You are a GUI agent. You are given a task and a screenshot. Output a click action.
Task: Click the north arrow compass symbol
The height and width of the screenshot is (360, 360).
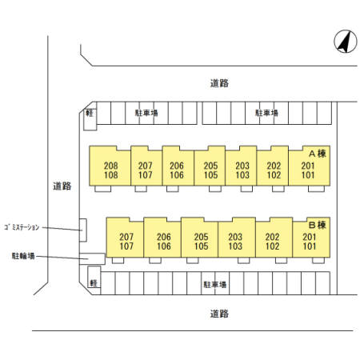[346, 42]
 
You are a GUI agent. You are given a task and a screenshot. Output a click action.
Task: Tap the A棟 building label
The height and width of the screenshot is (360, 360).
[318, 154]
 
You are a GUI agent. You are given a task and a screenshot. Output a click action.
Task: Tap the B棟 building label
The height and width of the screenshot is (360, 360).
[318, 225]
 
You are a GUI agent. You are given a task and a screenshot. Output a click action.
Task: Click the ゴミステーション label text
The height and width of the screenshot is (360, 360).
[22, 227]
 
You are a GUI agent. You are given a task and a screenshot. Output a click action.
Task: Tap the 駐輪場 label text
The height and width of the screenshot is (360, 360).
[23, 256]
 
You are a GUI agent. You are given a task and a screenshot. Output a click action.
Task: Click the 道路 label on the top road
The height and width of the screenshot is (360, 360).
[219, 83]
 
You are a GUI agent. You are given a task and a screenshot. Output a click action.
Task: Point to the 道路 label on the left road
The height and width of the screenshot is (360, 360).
[62, 186]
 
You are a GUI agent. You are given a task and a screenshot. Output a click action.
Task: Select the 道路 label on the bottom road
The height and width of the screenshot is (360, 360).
[219, 314]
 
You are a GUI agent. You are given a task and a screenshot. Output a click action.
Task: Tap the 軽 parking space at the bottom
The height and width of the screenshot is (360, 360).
[94, 277]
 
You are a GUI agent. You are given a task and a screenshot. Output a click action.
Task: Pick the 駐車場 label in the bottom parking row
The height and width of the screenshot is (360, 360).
[215, 285]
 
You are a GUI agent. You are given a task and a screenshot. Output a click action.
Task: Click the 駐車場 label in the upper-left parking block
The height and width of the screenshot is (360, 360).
[146, 113]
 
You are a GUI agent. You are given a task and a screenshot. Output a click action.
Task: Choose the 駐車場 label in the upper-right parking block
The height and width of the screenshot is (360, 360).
[266, 113]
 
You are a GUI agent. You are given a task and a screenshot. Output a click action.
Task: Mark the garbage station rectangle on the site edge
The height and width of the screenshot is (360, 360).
[83, 230]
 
